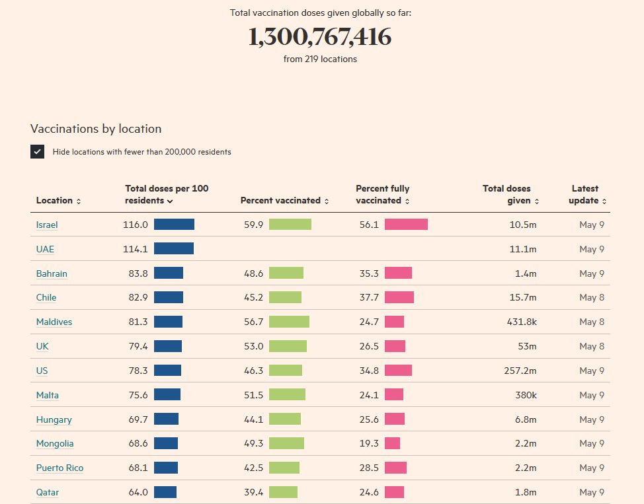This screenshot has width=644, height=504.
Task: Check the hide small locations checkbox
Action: click(37, 151)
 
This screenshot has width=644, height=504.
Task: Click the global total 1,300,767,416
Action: click(320, 38)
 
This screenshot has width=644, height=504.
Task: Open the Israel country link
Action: click(47, 225)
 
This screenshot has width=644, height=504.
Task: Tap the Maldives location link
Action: click(54, 322)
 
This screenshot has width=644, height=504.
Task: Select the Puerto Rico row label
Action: click(60, 468)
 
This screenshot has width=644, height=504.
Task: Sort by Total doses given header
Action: click(510, 194)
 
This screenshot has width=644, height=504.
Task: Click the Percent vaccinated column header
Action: click(284, 200)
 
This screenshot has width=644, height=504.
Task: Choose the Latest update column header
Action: click(586, 194)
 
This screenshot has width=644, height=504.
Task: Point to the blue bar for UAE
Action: click(174, 249)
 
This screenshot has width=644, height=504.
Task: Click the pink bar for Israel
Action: click(406, 225)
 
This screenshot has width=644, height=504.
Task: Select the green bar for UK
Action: click(288, 346)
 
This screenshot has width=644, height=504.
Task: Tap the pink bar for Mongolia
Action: click(392, 443)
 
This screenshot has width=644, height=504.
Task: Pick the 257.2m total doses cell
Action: click(520, 371)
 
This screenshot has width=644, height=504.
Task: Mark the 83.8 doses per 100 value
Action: click(138, 273)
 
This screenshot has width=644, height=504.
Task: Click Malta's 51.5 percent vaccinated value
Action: click(253, 395)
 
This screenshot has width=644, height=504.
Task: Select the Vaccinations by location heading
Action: click(96, 129)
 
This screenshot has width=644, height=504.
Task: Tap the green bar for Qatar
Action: click(283, 492)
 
